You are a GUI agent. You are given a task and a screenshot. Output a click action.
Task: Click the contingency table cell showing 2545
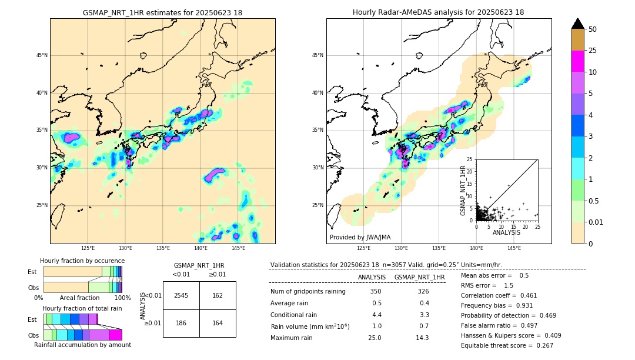[181, 295]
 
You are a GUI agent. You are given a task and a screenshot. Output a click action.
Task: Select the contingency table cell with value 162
[218, 295]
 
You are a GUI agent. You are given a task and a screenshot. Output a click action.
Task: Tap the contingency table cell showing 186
[181, 324]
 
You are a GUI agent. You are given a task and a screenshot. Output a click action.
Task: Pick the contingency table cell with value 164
[218, 324]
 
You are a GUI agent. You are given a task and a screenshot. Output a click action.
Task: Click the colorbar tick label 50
[593, 29]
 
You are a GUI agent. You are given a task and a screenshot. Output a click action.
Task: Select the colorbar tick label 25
[593, 51]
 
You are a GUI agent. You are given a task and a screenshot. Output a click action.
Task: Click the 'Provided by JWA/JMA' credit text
[360, 238]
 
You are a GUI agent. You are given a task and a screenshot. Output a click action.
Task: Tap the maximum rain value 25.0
[375, 338]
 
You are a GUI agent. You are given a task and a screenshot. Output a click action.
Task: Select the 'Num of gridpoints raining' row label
[308, 292]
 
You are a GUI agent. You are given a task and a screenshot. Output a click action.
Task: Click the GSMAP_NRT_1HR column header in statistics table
[419, 277]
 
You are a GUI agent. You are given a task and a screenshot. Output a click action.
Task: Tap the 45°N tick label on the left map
[42, 55]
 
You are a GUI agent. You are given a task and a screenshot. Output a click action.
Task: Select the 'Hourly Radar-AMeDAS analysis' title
[438, 12]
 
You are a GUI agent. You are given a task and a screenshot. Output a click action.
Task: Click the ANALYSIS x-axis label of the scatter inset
[507, 233]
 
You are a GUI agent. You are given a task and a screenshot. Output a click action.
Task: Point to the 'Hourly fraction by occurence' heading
[82, 261]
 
